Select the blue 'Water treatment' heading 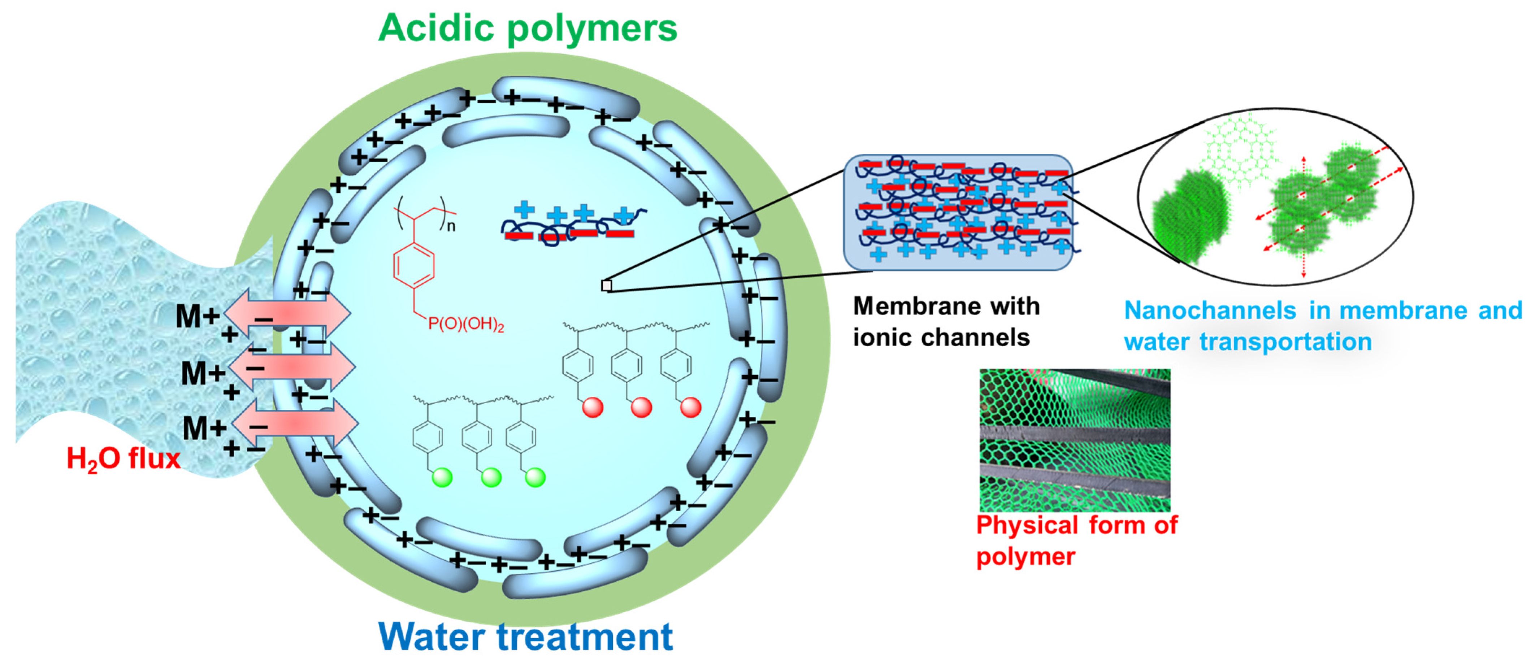pos(525,636)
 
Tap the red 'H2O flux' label pos(123,459)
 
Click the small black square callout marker pos(606,285)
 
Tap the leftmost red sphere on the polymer pos(593,408)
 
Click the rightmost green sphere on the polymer pos(535,477)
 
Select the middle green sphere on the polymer pos(491,477)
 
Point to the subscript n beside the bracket pos(452,226)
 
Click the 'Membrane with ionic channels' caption pos(946,322)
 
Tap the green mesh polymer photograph pos(1075,440)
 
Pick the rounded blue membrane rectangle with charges pos(958,212)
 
